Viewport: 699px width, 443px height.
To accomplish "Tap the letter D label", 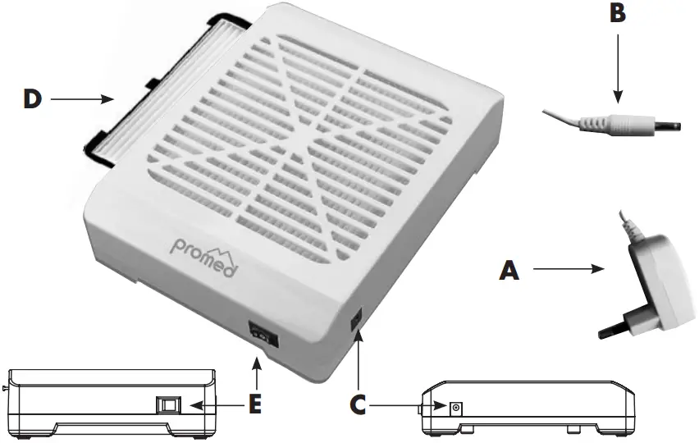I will (x=32, y=100).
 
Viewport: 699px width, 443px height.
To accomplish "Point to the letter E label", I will (x=257, y=405).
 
